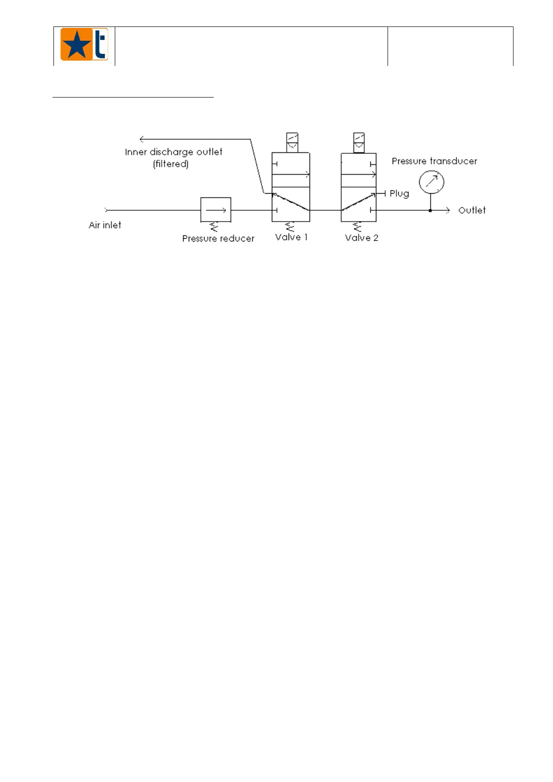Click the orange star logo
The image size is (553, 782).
84,45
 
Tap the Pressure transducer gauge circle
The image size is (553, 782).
431,182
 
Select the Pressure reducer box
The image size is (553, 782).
216,210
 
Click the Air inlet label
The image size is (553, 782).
105,225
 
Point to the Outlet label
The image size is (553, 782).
472,210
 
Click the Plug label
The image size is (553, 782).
399,194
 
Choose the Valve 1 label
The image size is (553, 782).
291,237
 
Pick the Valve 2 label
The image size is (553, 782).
361,238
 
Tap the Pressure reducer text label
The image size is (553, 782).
218,239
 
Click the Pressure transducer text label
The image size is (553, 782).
434,161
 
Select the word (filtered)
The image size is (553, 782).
171,164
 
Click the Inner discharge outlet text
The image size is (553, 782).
173,152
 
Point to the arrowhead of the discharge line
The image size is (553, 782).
141,139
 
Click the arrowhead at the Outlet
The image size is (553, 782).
448,210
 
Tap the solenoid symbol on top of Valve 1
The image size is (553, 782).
292,143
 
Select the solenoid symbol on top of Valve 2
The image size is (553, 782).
359,143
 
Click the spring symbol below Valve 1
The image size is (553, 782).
290,227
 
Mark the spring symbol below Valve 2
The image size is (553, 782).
357,227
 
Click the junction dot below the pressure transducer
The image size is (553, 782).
430,211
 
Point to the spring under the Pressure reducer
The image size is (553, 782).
214,227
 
